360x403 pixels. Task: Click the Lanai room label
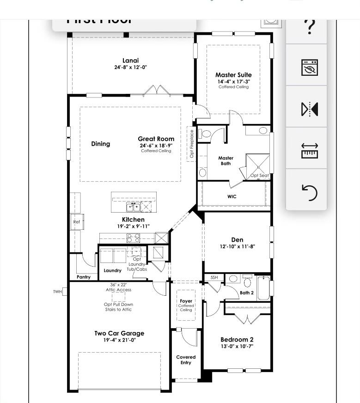(x=130, y=61)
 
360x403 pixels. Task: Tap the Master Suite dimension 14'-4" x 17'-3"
(x=233, y=81)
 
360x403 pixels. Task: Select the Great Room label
(x=156, y=139)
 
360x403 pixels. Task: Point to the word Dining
(x=100, y=144)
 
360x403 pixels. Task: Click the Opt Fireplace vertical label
(x=192, y=144)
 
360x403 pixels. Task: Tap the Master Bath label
(x=226, y=160)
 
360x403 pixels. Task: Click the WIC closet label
(x=232, y=196)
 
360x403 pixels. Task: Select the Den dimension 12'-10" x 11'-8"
(x=237, y=247)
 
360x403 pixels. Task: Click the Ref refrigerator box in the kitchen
(x=77, y=222)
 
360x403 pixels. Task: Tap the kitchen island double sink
(x=134, y=207)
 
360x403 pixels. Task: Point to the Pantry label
(x=84, y=277)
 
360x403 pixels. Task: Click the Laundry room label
(x=112, y=270)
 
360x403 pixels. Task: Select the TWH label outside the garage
(x=57, y=292)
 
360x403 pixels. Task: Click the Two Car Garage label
(x=119, y=333)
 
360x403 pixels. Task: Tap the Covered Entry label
(x=186, y=360)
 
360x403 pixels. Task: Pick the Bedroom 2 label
(x=237, y=340)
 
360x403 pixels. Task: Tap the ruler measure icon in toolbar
(x=309, y=150)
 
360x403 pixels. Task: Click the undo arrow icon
(x=309, y=191)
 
